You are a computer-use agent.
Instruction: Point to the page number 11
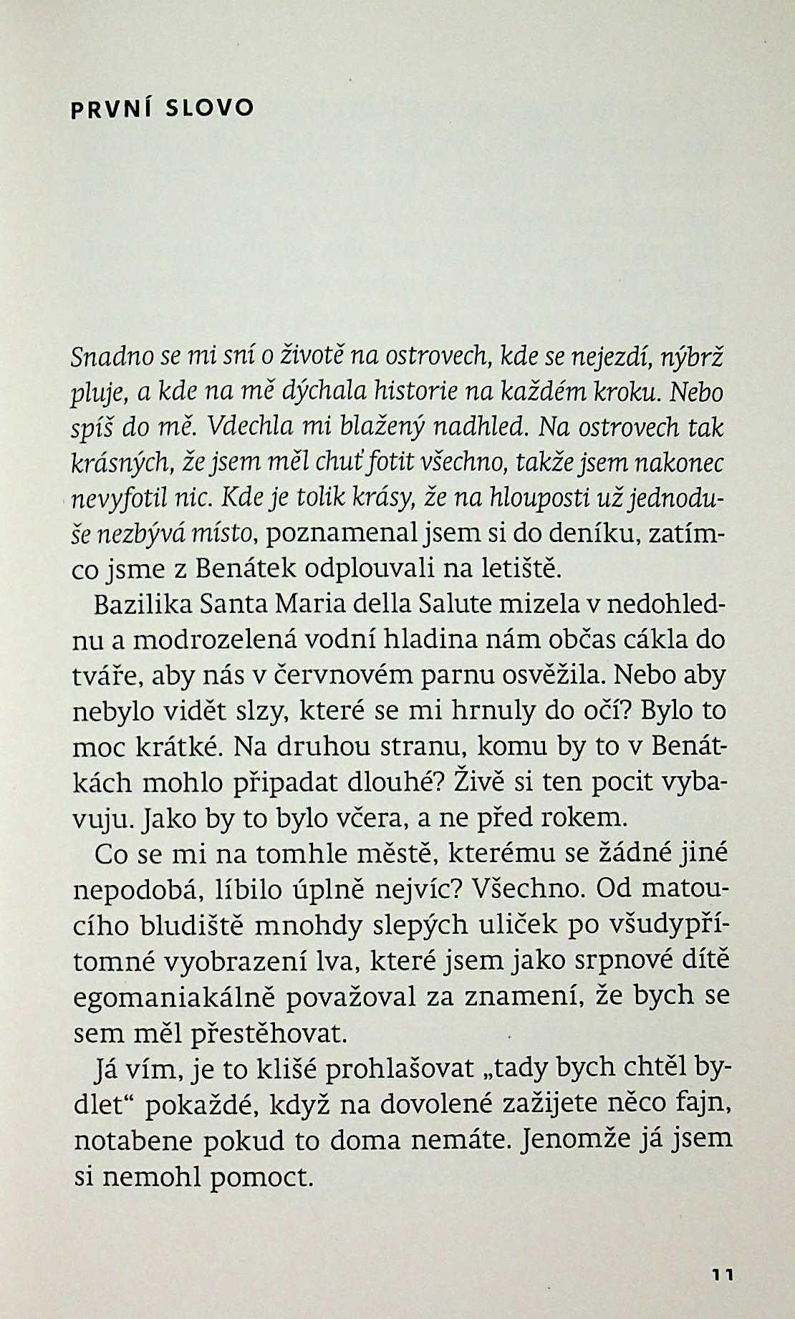coord(724,1274)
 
